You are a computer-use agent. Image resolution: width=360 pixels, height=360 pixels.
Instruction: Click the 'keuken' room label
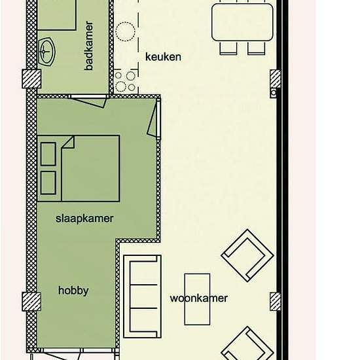[163, 57]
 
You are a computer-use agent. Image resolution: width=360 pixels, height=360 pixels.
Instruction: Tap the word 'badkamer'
[89, 46]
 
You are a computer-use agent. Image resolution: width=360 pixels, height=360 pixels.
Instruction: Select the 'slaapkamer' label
[84, 219]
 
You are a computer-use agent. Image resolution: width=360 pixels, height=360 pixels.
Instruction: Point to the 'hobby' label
[73, 291]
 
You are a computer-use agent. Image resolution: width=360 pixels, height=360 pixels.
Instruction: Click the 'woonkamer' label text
[199, 298]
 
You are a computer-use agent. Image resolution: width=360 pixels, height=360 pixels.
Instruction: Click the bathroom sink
[46, 52]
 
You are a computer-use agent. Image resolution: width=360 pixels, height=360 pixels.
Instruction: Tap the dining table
[242, 22]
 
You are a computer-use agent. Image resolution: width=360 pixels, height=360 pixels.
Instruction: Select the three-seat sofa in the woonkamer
[142, 297]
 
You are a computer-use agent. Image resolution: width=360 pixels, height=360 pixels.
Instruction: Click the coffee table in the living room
[197, 299]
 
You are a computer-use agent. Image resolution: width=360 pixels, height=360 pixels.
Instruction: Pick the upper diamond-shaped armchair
[247, 255]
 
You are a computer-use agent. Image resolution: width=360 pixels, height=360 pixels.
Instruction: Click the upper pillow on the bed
[48, 154]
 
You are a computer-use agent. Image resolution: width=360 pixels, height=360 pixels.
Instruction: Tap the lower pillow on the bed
[48, 183]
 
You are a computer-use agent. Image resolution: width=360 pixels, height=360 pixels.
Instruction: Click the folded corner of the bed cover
[69, 143]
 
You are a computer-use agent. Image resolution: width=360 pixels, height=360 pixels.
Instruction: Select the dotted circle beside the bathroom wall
[126, 31]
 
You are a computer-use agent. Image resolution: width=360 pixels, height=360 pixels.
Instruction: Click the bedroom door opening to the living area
[153, 118]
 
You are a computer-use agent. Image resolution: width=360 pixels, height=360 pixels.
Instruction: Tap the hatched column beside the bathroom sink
[31, 79]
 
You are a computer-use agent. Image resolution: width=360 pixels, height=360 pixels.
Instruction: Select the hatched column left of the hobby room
[31, 302]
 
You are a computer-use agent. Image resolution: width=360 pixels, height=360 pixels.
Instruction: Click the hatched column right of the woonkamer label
[275, 302]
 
